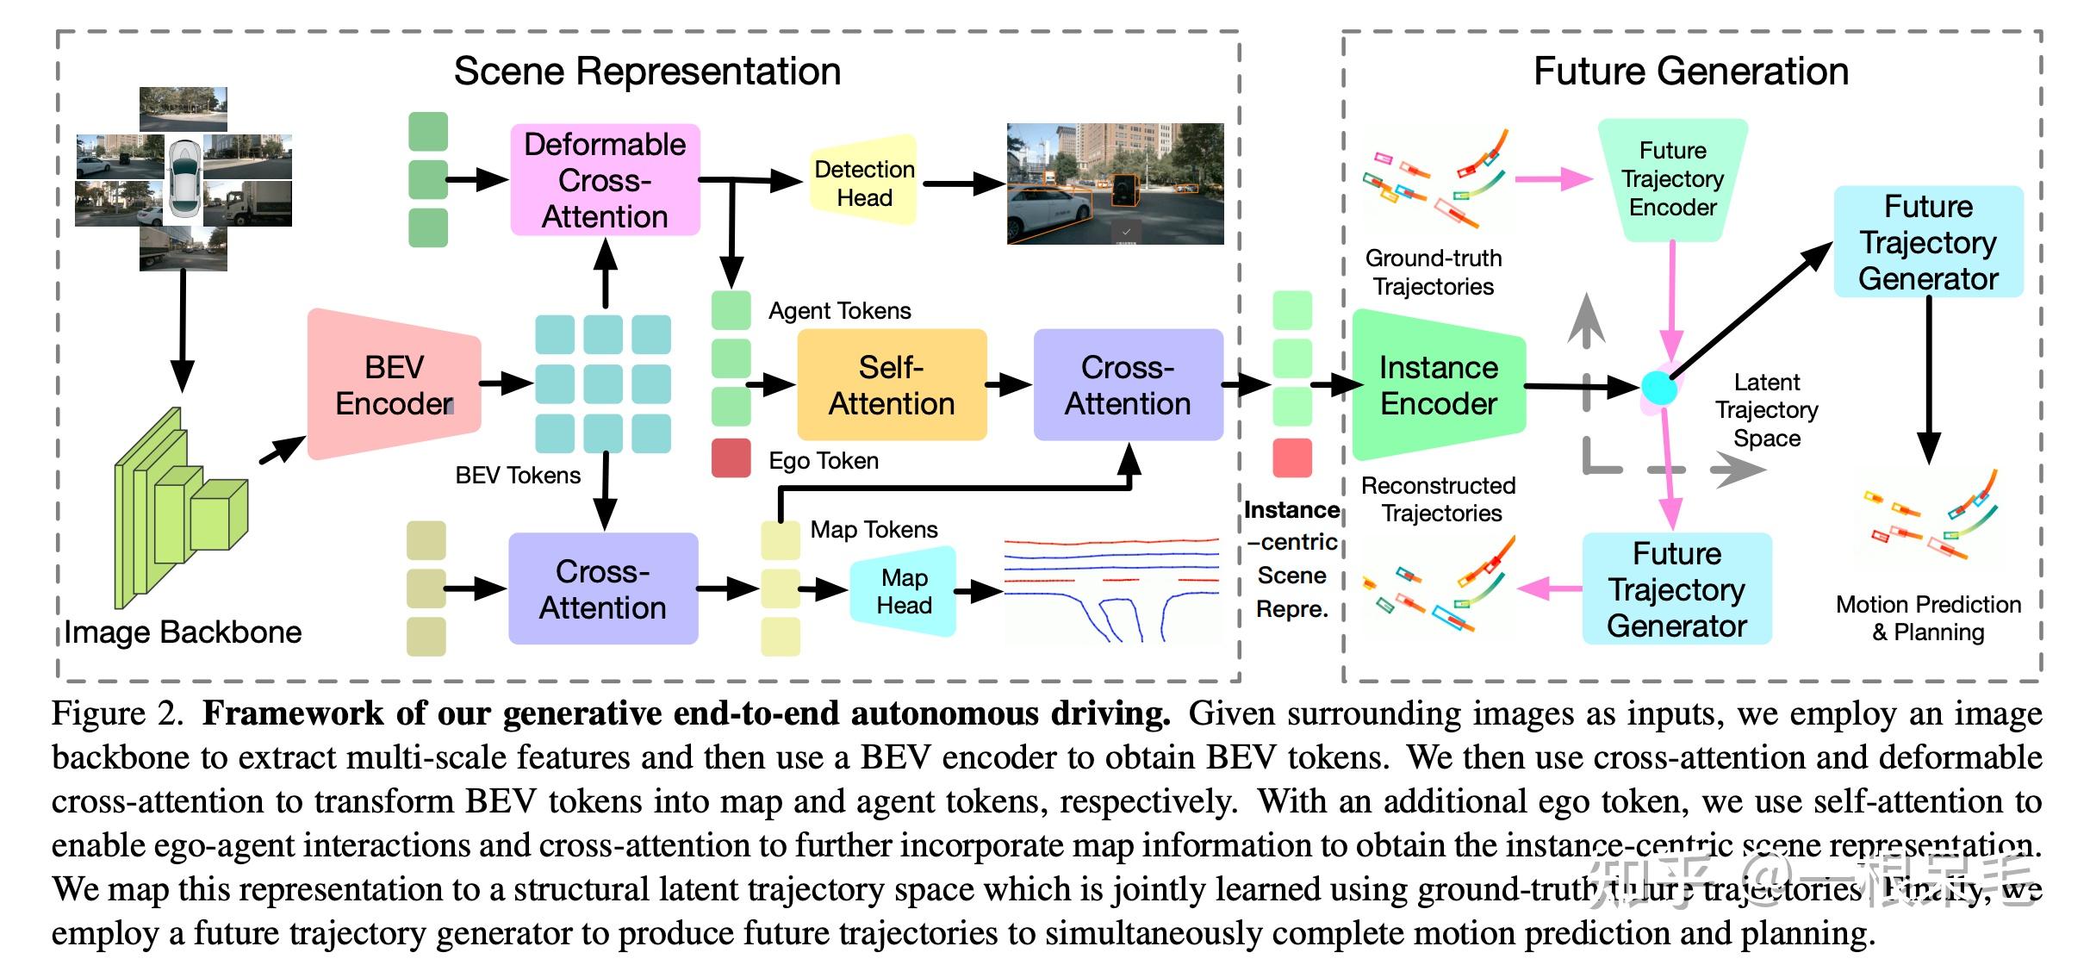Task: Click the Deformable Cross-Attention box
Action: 605,180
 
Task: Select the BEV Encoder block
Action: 395,385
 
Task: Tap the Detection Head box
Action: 864,183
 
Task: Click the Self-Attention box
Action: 892,385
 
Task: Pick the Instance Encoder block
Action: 1438,385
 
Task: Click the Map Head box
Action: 904,591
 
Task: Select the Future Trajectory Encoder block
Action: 1672,179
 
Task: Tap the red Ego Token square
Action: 731,458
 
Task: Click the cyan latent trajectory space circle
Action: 1659,388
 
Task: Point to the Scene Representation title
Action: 647,72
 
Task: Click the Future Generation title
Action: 1690,72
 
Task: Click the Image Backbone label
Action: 183,632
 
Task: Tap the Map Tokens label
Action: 874,529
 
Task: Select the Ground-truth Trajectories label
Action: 1434,272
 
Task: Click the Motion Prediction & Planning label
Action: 1928,618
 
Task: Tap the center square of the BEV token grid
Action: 603,384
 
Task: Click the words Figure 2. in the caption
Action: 117,714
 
